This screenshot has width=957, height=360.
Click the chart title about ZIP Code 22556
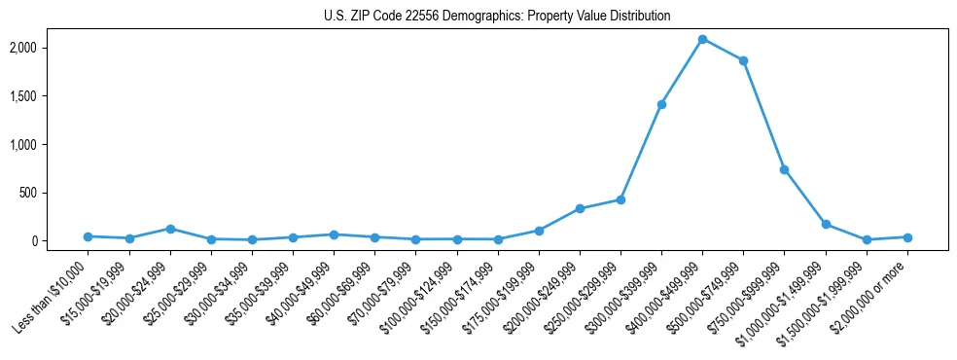pyautogui.click(x=497, y=17)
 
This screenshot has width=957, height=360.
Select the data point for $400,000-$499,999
pyautogui.click(x=702, y=39)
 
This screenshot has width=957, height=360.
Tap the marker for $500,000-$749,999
pyautogui.click(x=743, y=60)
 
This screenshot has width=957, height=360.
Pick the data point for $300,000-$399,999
pyautogui.click(x=661, y=104)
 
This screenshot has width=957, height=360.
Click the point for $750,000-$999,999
pyautogui.click(x=784, y=169)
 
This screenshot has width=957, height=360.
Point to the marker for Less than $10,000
pyautogui.click(x=88, y=236)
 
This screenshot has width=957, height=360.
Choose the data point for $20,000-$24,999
pyautogui.click(x=170, y=229)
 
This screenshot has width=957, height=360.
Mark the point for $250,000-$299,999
pyautogui.click(x=620, y=199)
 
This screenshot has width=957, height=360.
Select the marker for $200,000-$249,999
pyautogui.click(x=580, y=208)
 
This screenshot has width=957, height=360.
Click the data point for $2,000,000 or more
pyautogui.click(x=907, y=237)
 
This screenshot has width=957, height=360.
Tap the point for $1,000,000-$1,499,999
pyautogui.click(x=826, y=224)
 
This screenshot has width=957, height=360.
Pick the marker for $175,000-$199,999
pyautogui.click(x=539, y=231)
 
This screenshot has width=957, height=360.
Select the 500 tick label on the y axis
pyautogui.click(x=55, y=193)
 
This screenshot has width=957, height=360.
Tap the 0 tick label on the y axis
pyautogui.click(x=60, y=241)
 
